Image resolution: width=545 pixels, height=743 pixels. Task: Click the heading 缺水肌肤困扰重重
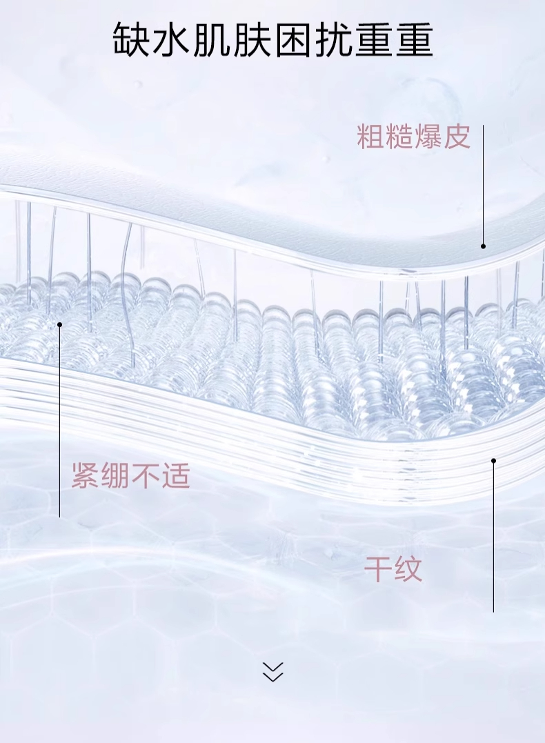tap(272, 40)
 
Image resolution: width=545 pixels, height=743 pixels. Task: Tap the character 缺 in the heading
tap(132, 40)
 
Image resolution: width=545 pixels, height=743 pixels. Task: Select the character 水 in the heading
tap(172, 40)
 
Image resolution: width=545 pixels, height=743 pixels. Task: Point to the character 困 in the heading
tap(293, 40)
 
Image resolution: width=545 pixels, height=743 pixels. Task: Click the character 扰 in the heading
tap(333, 40)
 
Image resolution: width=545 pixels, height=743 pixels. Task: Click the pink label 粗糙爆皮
tap(413, 137)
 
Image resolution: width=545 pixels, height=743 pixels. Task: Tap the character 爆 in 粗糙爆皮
tap(428, 137)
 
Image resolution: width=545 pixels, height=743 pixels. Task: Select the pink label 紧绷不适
tap(130, 476)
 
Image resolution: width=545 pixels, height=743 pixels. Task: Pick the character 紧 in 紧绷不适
tap(86, 476)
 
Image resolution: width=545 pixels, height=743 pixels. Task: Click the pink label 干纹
tap(393, 570)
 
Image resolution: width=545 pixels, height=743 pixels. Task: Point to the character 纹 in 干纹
tap(408, 570)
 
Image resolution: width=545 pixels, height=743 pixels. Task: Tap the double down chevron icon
tap(273, 671)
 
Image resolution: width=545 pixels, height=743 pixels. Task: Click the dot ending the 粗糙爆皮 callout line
tap(483, 246)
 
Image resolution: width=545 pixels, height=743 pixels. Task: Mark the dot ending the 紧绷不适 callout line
tap(60, 324)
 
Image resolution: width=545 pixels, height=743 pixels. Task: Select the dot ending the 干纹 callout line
tap(493, 460)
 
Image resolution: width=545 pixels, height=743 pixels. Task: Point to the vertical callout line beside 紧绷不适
tap(60, 421)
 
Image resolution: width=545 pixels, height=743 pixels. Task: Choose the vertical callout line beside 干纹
tap(493, 538)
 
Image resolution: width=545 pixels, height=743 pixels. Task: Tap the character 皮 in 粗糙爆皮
tap(457, 137)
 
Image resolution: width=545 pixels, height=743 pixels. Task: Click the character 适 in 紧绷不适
tap(175, 476)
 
